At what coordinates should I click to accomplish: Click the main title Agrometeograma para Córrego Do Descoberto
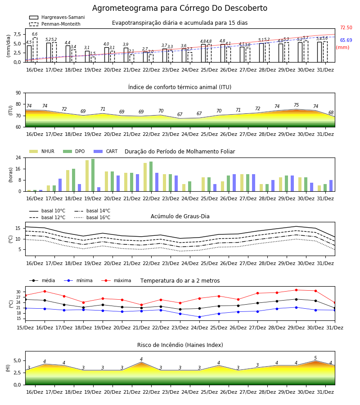pyautogui.click(x=180, y=8)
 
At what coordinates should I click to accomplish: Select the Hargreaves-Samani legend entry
pyautogui.click(x=57, y=17)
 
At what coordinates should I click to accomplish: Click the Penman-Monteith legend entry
pyautogui.click(x=55, y=24)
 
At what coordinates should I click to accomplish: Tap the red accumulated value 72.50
pyautogui.click(x=346, y=27)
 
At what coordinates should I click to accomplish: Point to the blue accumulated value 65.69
pyautogui.click(x=346, y=40)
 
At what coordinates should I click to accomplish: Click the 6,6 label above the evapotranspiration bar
pyautogui.click(x=35, y=34)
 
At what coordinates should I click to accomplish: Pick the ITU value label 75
pyautogui.click(x=296, y=105)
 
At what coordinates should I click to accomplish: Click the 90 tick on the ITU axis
pyautogui.click(x=18, y=93)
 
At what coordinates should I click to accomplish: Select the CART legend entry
pyautogui.click(x=106, y=151)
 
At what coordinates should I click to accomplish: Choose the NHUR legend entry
pyautogui.click(x=42, y=151)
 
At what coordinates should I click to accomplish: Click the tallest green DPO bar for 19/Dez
pyautogui.click(x=93, y=175)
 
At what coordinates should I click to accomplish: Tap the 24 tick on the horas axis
pyautogui.click(x=18, y=157)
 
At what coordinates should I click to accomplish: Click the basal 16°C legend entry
pyautogui.click(x=92, y=217)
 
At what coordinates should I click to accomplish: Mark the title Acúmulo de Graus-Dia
pyautogui.click(x=180, y=216)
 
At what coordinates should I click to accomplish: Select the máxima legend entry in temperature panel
pyautogui.click(x=116, y=280)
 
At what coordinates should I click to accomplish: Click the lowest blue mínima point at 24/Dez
pyautogui.click(x=199, y=317)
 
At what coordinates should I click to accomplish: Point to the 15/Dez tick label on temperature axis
pyautogui.click(x=25, y=328)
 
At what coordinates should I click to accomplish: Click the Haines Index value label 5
pyautogui.click(x=315, y=358)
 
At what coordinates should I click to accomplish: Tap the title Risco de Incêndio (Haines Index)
pyautogui.click(x=180, y=345)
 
